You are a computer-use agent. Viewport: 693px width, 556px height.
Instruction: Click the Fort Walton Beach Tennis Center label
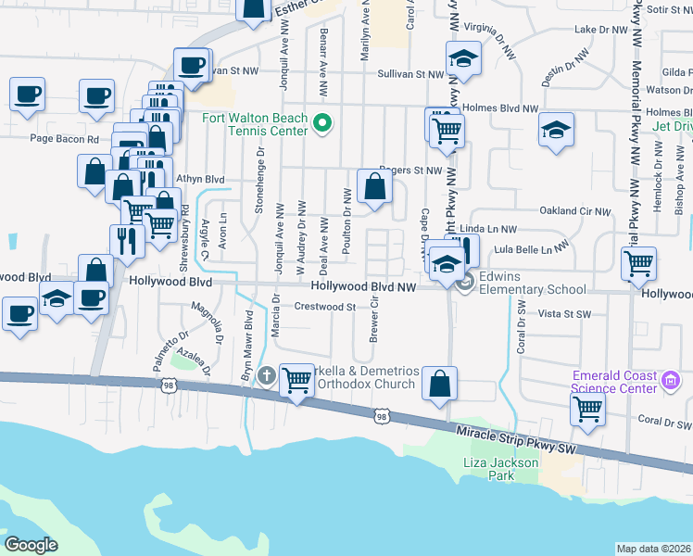click(256, 124)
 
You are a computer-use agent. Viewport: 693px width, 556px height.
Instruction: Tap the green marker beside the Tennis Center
click(322, 123)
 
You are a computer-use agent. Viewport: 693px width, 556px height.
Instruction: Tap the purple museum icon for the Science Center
click(673, 380)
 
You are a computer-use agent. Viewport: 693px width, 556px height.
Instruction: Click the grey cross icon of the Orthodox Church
click(268, 375)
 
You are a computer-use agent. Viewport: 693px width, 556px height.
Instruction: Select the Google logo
click(31, 544)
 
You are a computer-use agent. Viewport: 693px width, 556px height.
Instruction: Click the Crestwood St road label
click(325, 307)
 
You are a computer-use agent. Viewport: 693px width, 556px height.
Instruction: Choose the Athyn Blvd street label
click(199, 179)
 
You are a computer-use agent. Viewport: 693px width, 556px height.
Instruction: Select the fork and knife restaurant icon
click(127, 240)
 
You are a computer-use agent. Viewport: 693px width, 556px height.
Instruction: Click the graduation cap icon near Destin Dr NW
click(556, 131)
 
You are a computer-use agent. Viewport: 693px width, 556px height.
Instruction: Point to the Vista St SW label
click(563, 315)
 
